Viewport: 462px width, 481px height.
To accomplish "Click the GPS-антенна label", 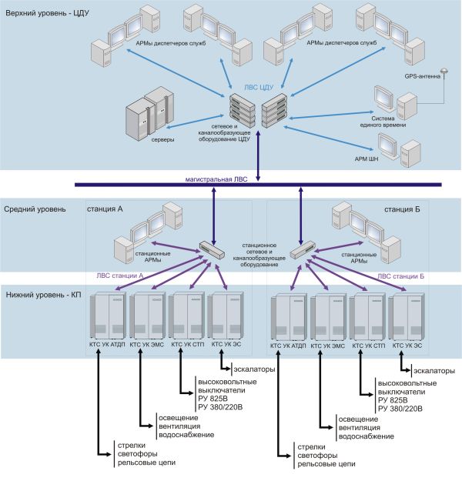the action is tap(422, 76).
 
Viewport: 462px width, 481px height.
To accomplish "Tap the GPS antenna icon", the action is tap(444, 72).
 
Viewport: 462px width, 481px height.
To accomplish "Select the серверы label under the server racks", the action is tap(162, 139).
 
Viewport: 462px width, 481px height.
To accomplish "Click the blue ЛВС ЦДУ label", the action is tap(259, 88).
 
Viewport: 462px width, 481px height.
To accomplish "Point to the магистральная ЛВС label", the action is tap(216, 179).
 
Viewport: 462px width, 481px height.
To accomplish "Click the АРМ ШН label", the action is tap(367, 159).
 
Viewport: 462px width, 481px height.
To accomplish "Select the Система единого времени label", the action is tap(383, 122).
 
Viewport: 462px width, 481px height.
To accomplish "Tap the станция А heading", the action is tap(105, 209).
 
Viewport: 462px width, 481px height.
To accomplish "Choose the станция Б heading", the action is tap(402, 209).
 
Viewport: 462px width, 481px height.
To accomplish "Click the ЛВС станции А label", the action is tap(120, 276).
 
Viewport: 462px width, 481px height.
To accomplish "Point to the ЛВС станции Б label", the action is tap(400, 276).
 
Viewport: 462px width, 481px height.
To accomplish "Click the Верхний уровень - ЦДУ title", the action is tap(47, 14).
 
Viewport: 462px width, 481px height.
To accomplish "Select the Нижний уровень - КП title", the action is tap(44, 295).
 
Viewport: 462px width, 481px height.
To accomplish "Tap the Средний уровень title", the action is tap(35, 209).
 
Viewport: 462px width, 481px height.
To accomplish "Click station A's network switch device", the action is tap(212, 249).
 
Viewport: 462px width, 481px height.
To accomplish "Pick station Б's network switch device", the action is tap(303, 249).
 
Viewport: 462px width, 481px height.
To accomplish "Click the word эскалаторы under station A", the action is tap(254, 369).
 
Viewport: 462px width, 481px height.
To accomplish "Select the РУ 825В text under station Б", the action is tap(393, 400).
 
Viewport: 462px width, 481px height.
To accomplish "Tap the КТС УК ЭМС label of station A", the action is tap(147, 345).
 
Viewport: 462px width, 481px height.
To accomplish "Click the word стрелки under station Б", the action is tap(311, 447).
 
